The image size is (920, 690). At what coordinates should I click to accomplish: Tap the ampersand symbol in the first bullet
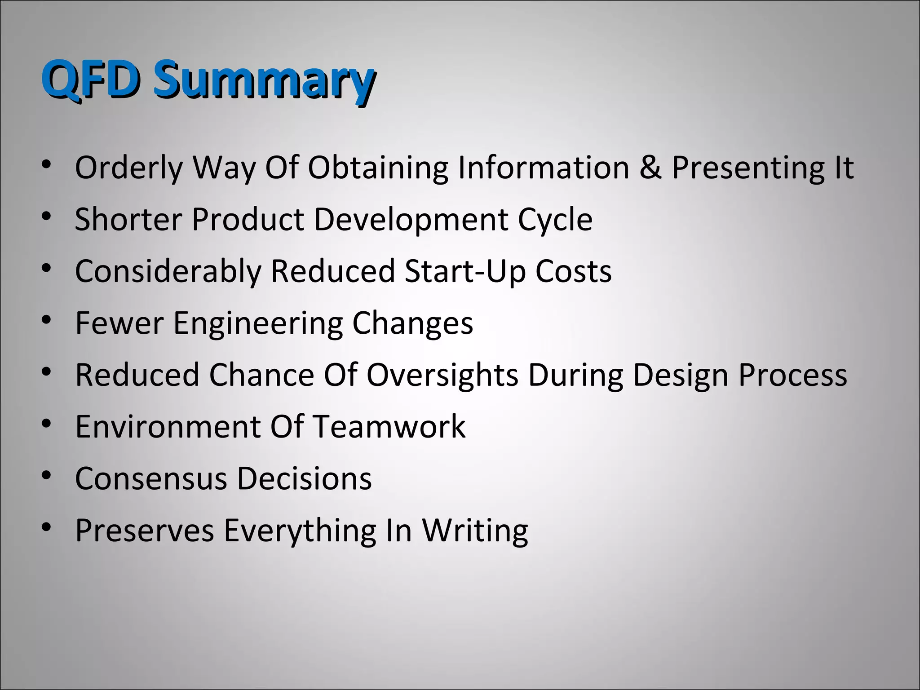point(650,167)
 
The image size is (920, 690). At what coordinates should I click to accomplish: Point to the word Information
point(543,167)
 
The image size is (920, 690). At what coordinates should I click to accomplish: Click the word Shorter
point(128,219)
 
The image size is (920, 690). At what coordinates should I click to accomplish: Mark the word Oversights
point(442,376)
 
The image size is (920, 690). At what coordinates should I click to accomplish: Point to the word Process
point(793,375)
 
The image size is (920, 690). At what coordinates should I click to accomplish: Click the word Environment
point(167,426)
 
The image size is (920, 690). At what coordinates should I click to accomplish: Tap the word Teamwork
point(389,426)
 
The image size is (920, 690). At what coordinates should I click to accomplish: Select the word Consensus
point(151,478)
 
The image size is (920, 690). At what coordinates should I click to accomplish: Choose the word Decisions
point(304,478)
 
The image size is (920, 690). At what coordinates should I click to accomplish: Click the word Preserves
point(144,531)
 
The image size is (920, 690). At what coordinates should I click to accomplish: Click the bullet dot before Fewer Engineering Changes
point(46,320)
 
